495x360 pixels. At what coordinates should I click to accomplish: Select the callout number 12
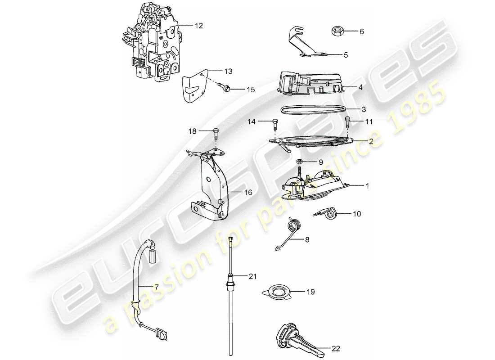[199, 26]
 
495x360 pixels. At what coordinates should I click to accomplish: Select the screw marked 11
[348, 121]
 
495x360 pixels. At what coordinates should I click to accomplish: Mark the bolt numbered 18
[216, 131]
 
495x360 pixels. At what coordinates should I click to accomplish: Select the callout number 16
[248, 192]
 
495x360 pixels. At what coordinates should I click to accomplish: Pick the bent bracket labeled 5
[306, 44]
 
